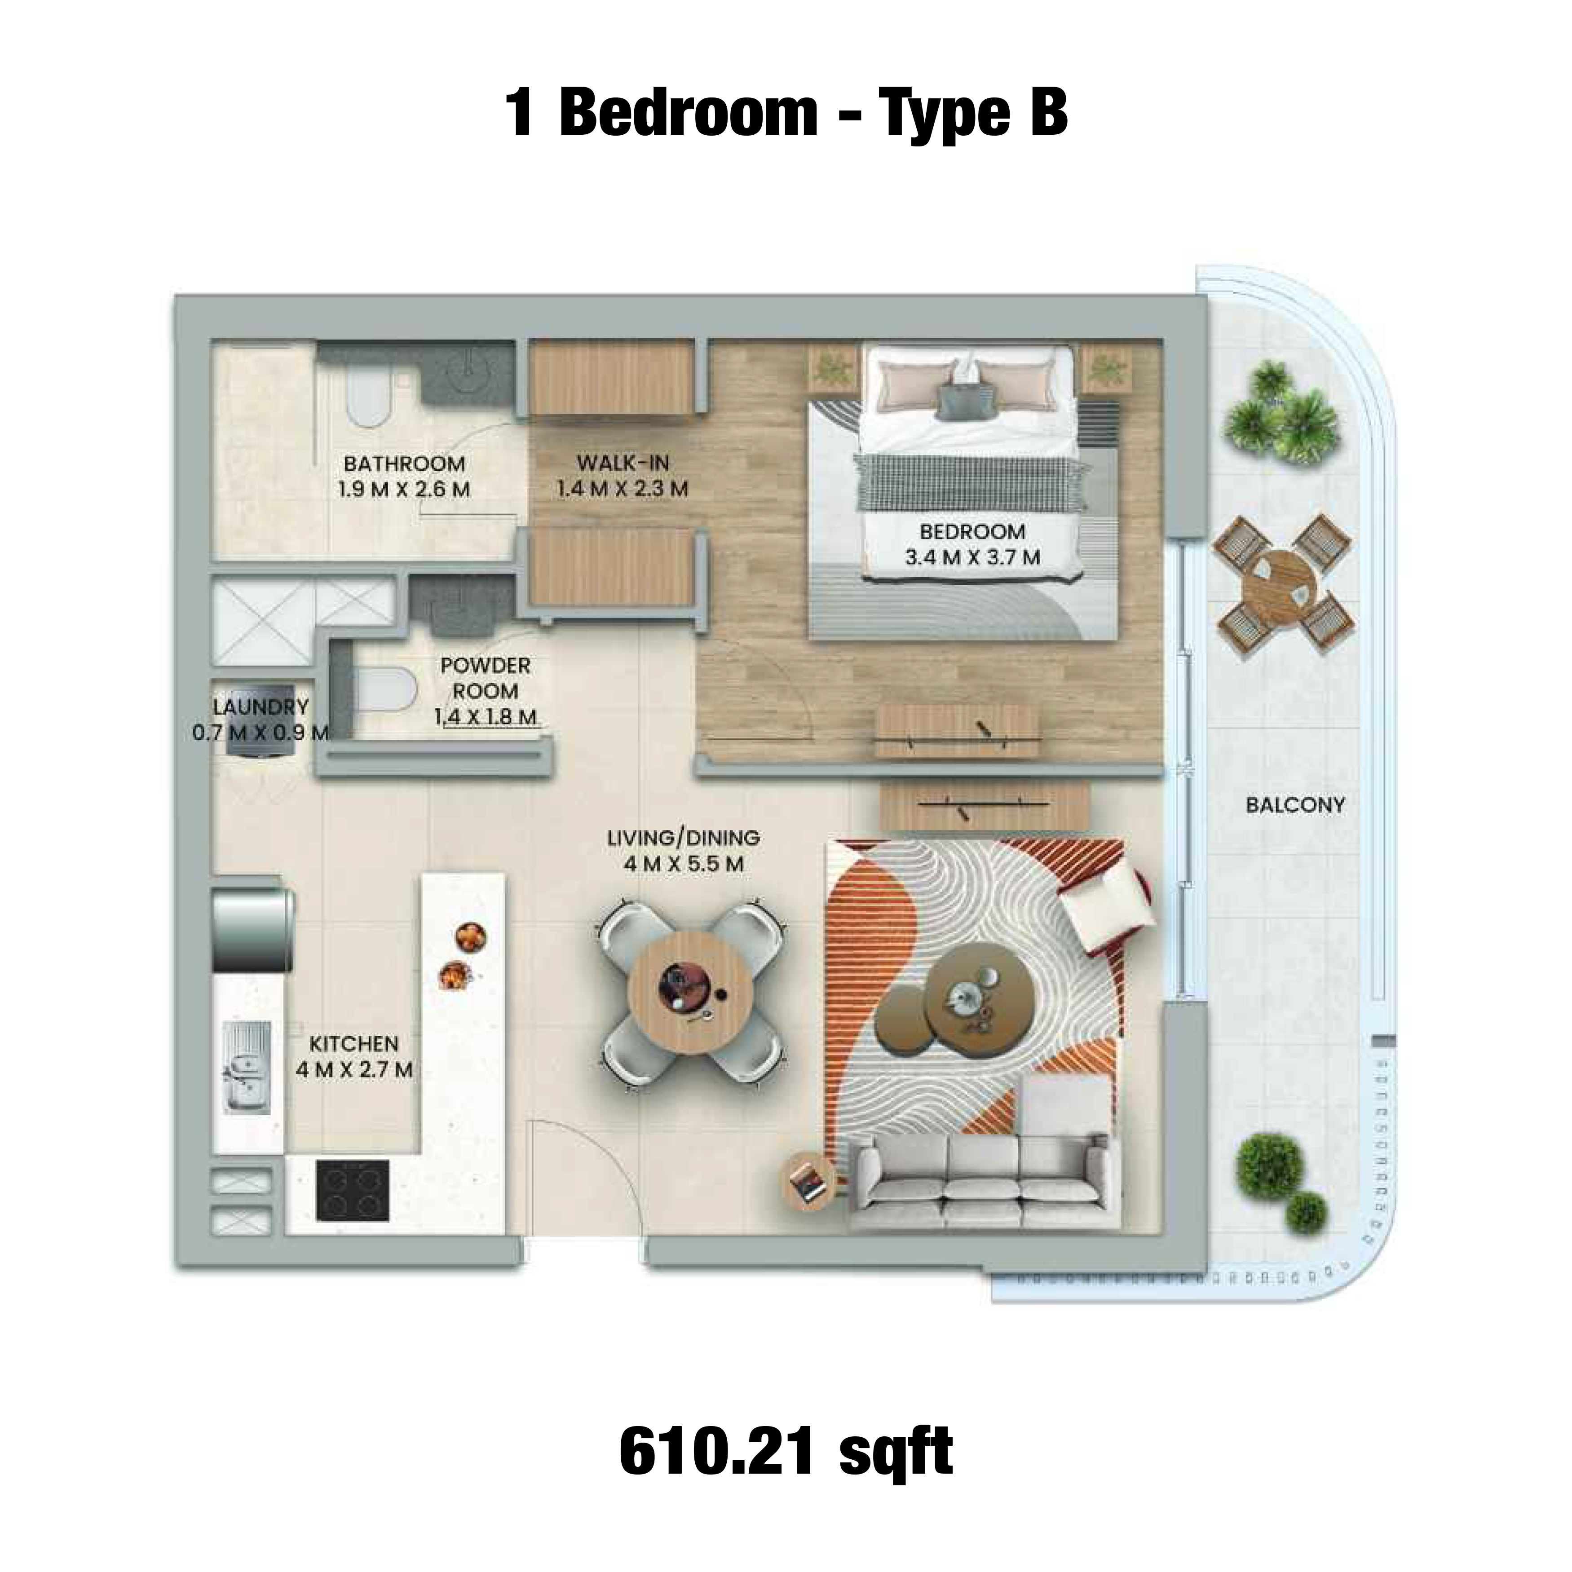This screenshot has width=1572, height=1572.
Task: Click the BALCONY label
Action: click(1295, 805)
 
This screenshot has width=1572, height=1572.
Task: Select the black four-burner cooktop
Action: click(352, 1190)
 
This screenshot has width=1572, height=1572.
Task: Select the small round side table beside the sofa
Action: click(810, 1182)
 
